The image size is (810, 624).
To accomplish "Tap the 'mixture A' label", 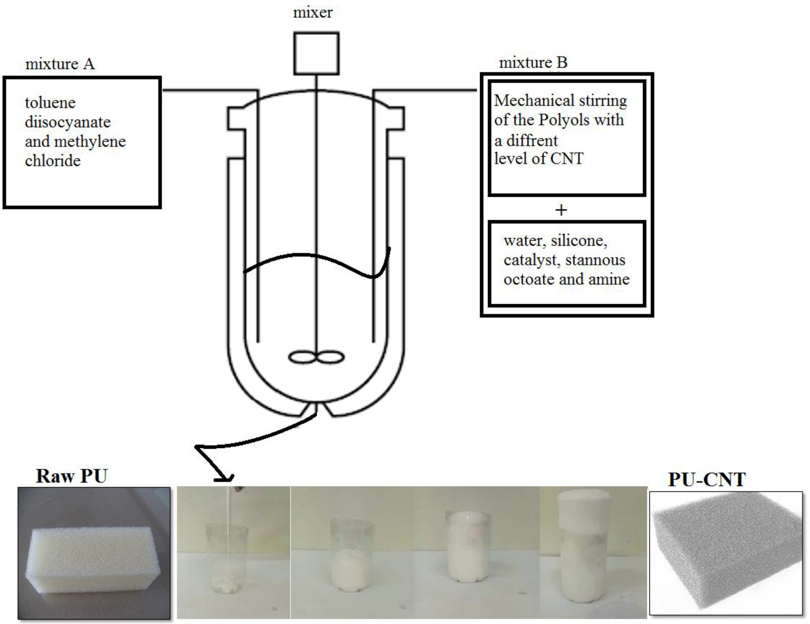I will pos(60,64).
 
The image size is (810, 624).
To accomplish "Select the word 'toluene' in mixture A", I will pos(50,103).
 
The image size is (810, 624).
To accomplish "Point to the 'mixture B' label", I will pos(533,63).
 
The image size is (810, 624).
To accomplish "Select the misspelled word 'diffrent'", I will pos(532,141).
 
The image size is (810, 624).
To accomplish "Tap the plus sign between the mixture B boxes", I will pos(561,210).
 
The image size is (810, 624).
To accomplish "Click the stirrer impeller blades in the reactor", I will pos(316,357).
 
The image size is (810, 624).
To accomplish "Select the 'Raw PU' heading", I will pos(71,476).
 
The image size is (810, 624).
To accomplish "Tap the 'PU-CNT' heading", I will pos(706,479).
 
